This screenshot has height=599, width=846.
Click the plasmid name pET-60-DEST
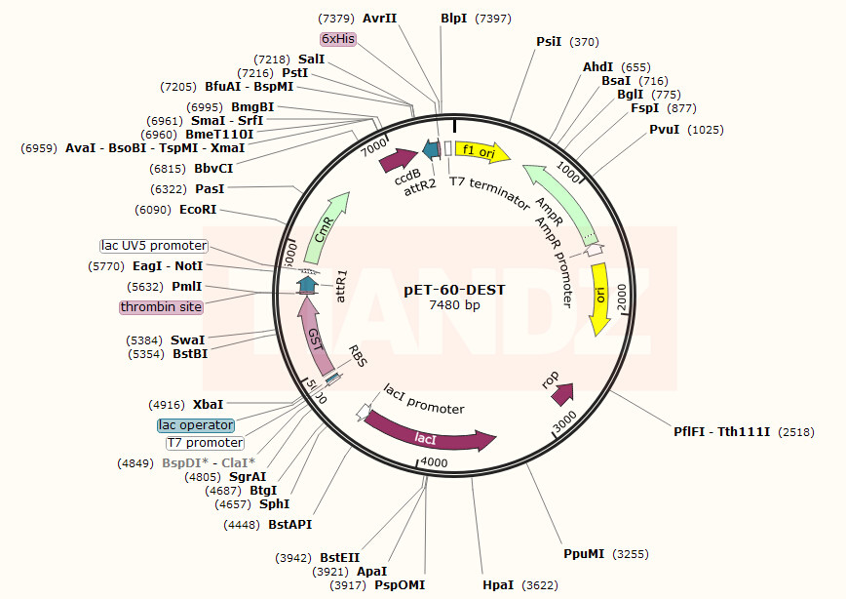(x=454, y=289)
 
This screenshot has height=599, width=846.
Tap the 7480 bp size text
(x=454, y=304)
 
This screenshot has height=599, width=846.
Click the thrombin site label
(x=161, y=306)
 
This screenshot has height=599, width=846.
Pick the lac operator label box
(x=196, y=425)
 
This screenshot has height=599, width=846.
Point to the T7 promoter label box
(x=204, y=442)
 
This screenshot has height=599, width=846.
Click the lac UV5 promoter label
(x=154, y=246)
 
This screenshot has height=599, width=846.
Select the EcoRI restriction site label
(x=198, y=209)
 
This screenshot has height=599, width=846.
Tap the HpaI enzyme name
(x=499, y=584)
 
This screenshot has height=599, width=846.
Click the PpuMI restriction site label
(x=584, y=553)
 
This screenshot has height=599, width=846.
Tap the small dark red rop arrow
(x=562, y=392)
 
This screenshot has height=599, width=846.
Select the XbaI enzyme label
(x=208, y=404)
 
